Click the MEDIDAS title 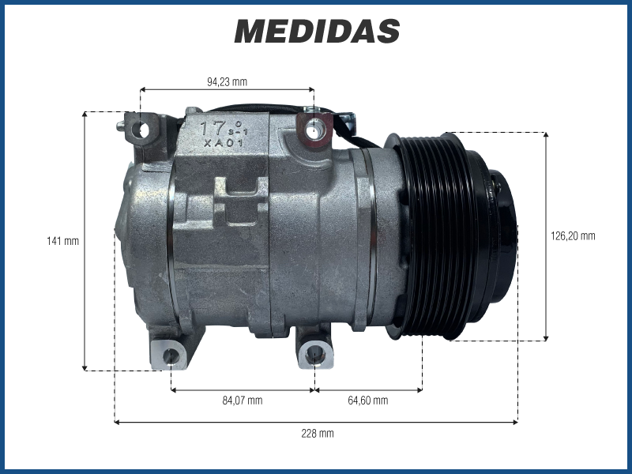coord(317,31)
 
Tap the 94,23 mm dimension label coord(227,82)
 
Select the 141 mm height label coord(63,241)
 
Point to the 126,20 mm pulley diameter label coord(573,235)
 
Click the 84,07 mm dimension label coord(243,401)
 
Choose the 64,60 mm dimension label coord(368,401)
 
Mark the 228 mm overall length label coord(318,434)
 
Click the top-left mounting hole coord(142,130)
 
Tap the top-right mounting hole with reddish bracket coord(312,130)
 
